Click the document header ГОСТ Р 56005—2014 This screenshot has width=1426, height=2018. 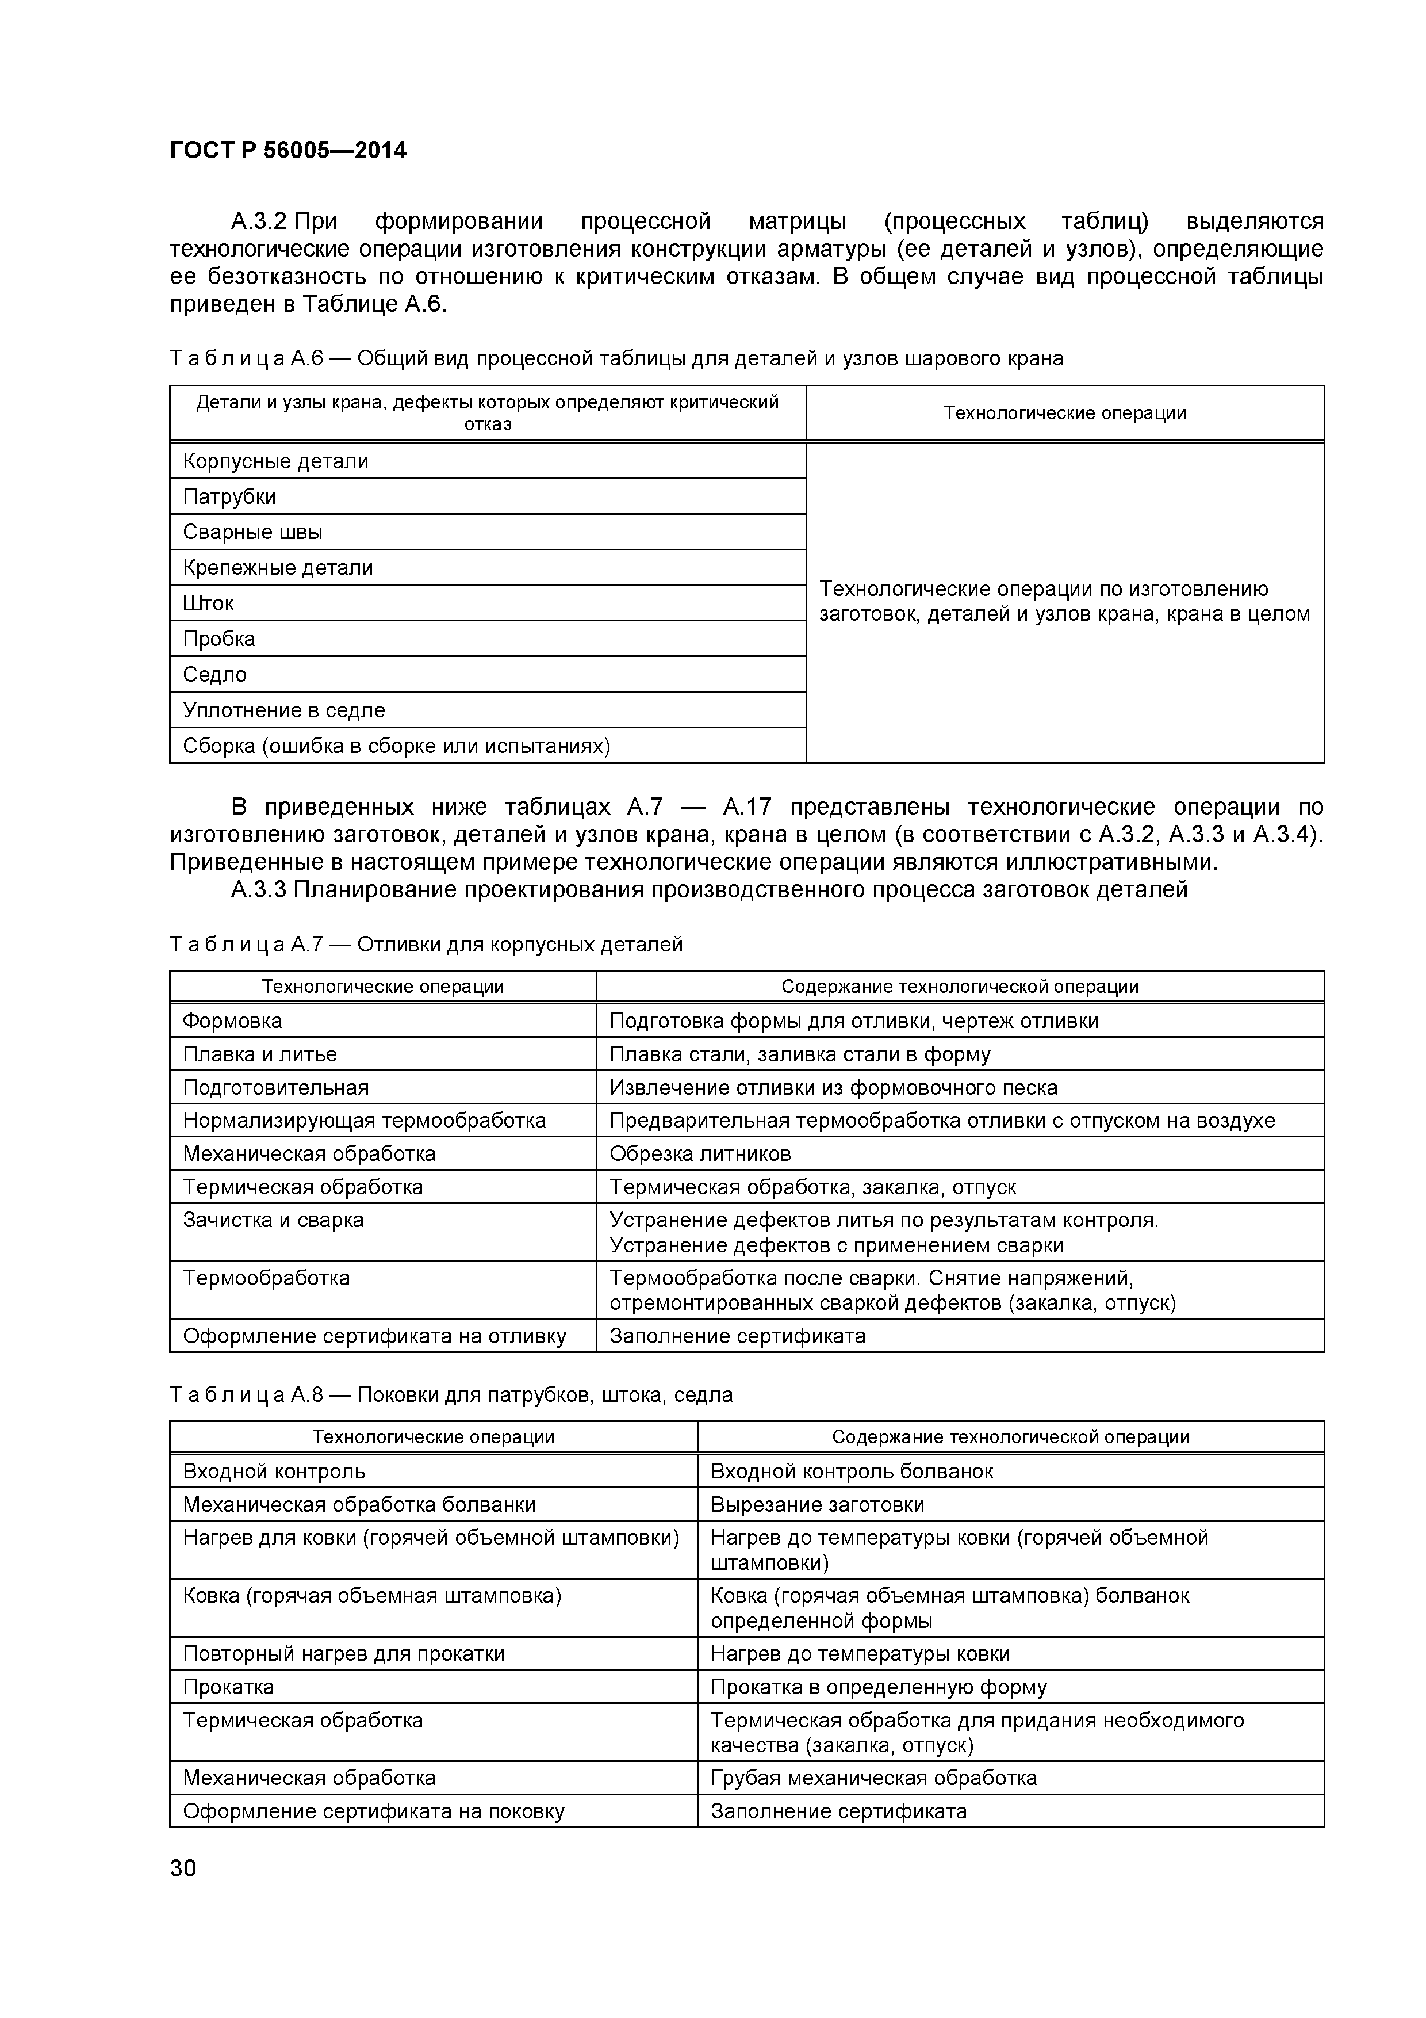287,151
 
